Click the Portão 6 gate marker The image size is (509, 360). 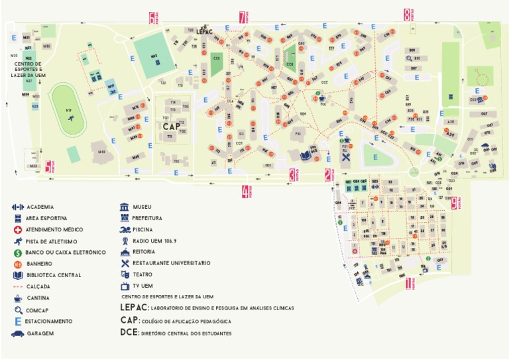(153, 17)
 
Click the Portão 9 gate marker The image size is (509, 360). (455, 202)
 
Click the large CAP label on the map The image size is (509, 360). (171, 125)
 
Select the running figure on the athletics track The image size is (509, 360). (69, 119)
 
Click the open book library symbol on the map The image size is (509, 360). (306, 154)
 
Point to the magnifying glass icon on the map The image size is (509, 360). (409, 58)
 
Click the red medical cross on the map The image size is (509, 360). (355, 251)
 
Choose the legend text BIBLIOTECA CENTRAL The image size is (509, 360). (54, 275)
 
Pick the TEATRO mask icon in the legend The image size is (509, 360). (125, 274)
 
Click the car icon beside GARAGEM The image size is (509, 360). (17, 333)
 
